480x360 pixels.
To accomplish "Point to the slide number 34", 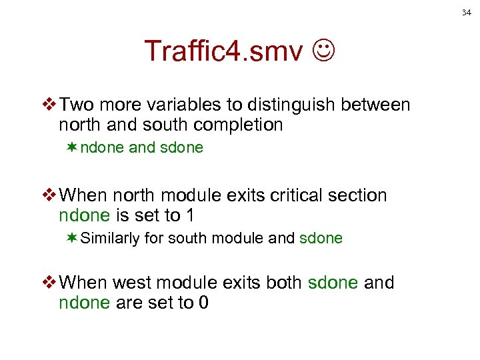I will click(465, 11).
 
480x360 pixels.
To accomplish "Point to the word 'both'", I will click(284, 283).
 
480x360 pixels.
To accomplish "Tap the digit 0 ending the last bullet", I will click(204, 303).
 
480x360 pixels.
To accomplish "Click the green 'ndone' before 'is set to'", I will click(83, 215).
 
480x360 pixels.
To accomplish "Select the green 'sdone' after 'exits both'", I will click(333, 283).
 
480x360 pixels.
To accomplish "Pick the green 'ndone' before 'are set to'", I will click(83, 303).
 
